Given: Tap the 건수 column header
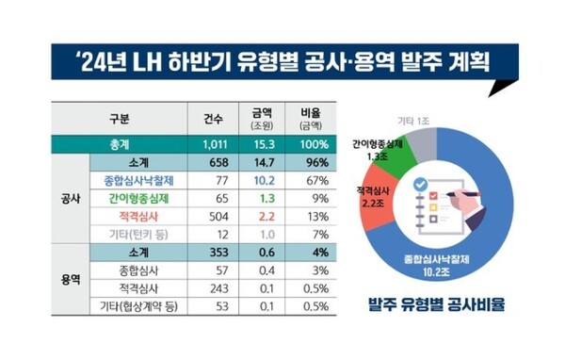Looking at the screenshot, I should (215, 120).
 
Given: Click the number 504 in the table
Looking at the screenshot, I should (215, 216).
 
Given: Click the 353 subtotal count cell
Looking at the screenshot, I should (215, 252).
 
